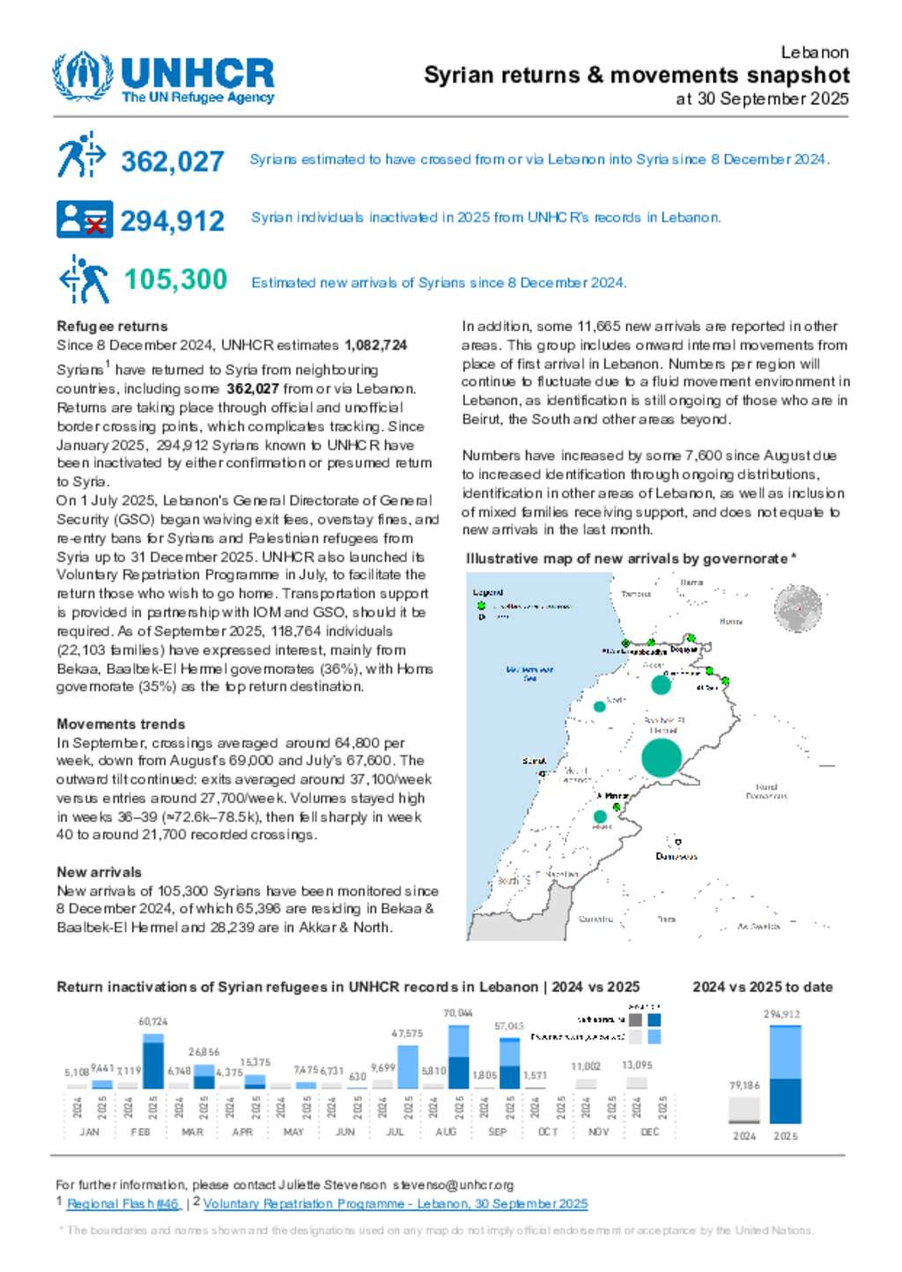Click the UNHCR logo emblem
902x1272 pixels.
pyautogui.click(x=83, y=77)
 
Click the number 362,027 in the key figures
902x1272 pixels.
pyautogui.click(x=173, y=161)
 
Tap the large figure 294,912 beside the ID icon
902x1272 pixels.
pyautogui.click(x=173, y=220)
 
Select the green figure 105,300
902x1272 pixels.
pyautogui.click(x=175, y=279)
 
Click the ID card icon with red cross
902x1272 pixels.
pyautogui.click(x=84, y=219)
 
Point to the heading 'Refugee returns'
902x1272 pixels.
pyautogui.click(x=112, y=326)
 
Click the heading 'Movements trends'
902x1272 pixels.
pyautogui.click(x=121, y=724)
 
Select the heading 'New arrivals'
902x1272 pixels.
pyautogui.click(x=99, y=872)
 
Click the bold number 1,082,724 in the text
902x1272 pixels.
pyautogui.click(x=376, y=345)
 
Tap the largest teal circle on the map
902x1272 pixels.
pyautogui.click(x=662, y=758)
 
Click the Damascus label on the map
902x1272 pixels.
pyautogui.click(x=676, y=856)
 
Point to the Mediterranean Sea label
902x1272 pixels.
pyautogui.click(x=529, y=674)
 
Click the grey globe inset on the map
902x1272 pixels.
pyautogui.click(x=797, y=610)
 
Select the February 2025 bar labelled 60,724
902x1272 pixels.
pyautogui.click(x=153, y=1061)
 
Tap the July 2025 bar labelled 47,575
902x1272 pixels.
pyautogui.click(x=408, y=1067)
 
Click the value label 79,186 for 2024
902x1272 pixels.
pyautogui.click(x=744, y=1085)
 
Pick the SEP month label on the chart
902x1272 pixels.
pyautogui.click(x=498, y=1132)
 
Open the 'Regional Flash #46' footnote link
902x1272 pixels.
pyautogui.click(x=123, y=1203)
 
